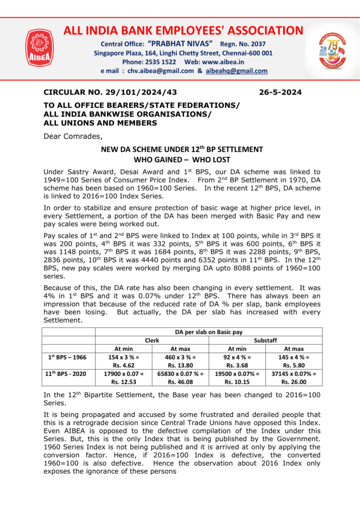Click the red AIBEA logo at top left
(40, 48)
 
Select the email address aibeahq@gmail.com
(237, 71)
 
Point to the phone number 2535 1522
(149, 62)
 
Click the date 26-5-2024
(280, 92)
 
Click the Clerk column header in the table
(152, 340)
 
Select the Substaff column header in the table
(266, 340)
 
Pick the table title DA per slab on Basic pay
(208, 332)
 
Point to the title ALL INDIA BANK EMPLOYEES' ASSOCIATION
(183, 31)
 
